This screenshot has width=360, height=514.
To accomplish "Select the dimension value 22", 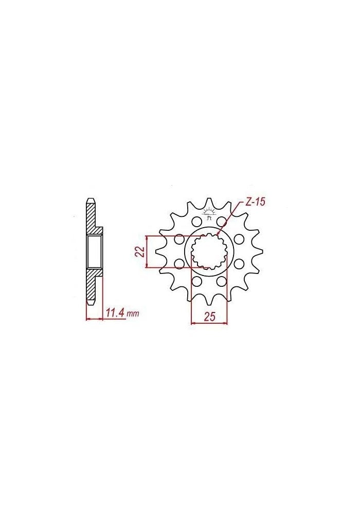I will pyautogui.click(x=138, y=252).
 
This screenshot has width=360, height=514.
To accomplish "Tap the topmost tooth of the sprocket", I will pyautogui.click(x=209, y=203).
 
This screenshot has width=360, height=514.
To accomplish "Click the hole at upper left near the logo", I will pyautogui.click(x=196, y=222).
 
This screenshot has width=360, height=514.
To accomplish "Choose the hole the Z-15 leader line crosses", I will pyautogui.click(x=222, y=222).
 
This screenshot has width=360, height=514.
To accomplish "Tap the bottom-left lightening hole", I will pyautogui.click(x=196, y=282).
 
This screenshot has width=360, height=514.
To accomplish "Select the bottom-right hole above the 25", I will pyautogui.click(x=222, y=282).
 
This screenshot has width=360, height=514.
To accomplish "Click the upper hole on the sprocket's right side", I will pyautogui.click(x=239, y=240).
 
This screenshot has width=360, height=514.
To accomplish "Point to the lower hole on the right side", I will pyautogui.click(x=239, y=264).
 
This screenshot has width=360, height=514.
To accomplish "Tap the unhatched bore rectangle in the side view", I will pyautogui.click(x=94, y=251).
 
